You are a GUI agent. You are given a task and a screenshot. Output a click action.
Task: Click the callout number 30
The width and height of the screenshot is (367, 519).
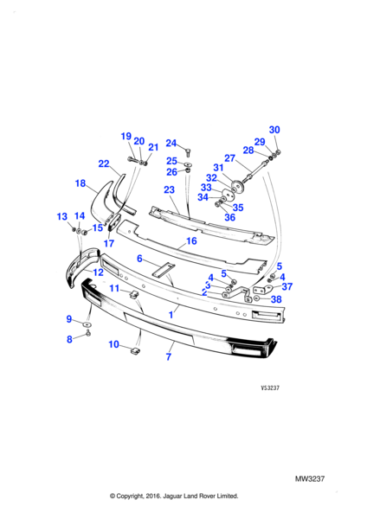274,130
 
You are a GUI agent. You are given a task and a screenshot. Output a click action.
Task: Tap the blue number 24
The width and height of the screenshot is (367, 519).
171,143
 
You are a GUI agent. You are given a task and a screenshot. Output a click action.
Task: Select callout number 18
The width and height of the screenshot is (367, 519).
80,183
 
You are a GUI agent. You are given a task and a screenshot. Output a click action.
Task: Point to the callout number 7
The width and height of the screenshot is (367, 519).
169,356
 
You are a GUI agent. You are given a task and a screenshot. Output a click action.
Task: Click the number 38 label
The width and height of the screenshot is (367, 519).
276,299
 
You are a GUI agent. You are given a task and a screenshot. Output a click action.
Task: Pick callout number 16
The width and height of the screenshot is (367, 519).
191,241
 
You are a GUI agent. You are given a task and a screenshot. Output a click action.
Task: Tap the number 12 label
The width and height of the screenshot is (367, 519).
99,272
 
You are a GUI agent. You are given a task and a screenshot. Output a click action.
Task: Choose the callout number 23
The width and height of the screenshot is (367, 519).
169,189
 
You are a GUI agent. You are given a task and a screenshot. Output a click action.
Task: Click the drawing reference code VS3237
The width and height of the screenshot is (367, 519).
270,388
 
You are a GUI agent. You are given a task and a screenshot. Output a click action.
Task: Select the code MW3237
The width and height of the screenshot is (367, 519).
310,478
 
